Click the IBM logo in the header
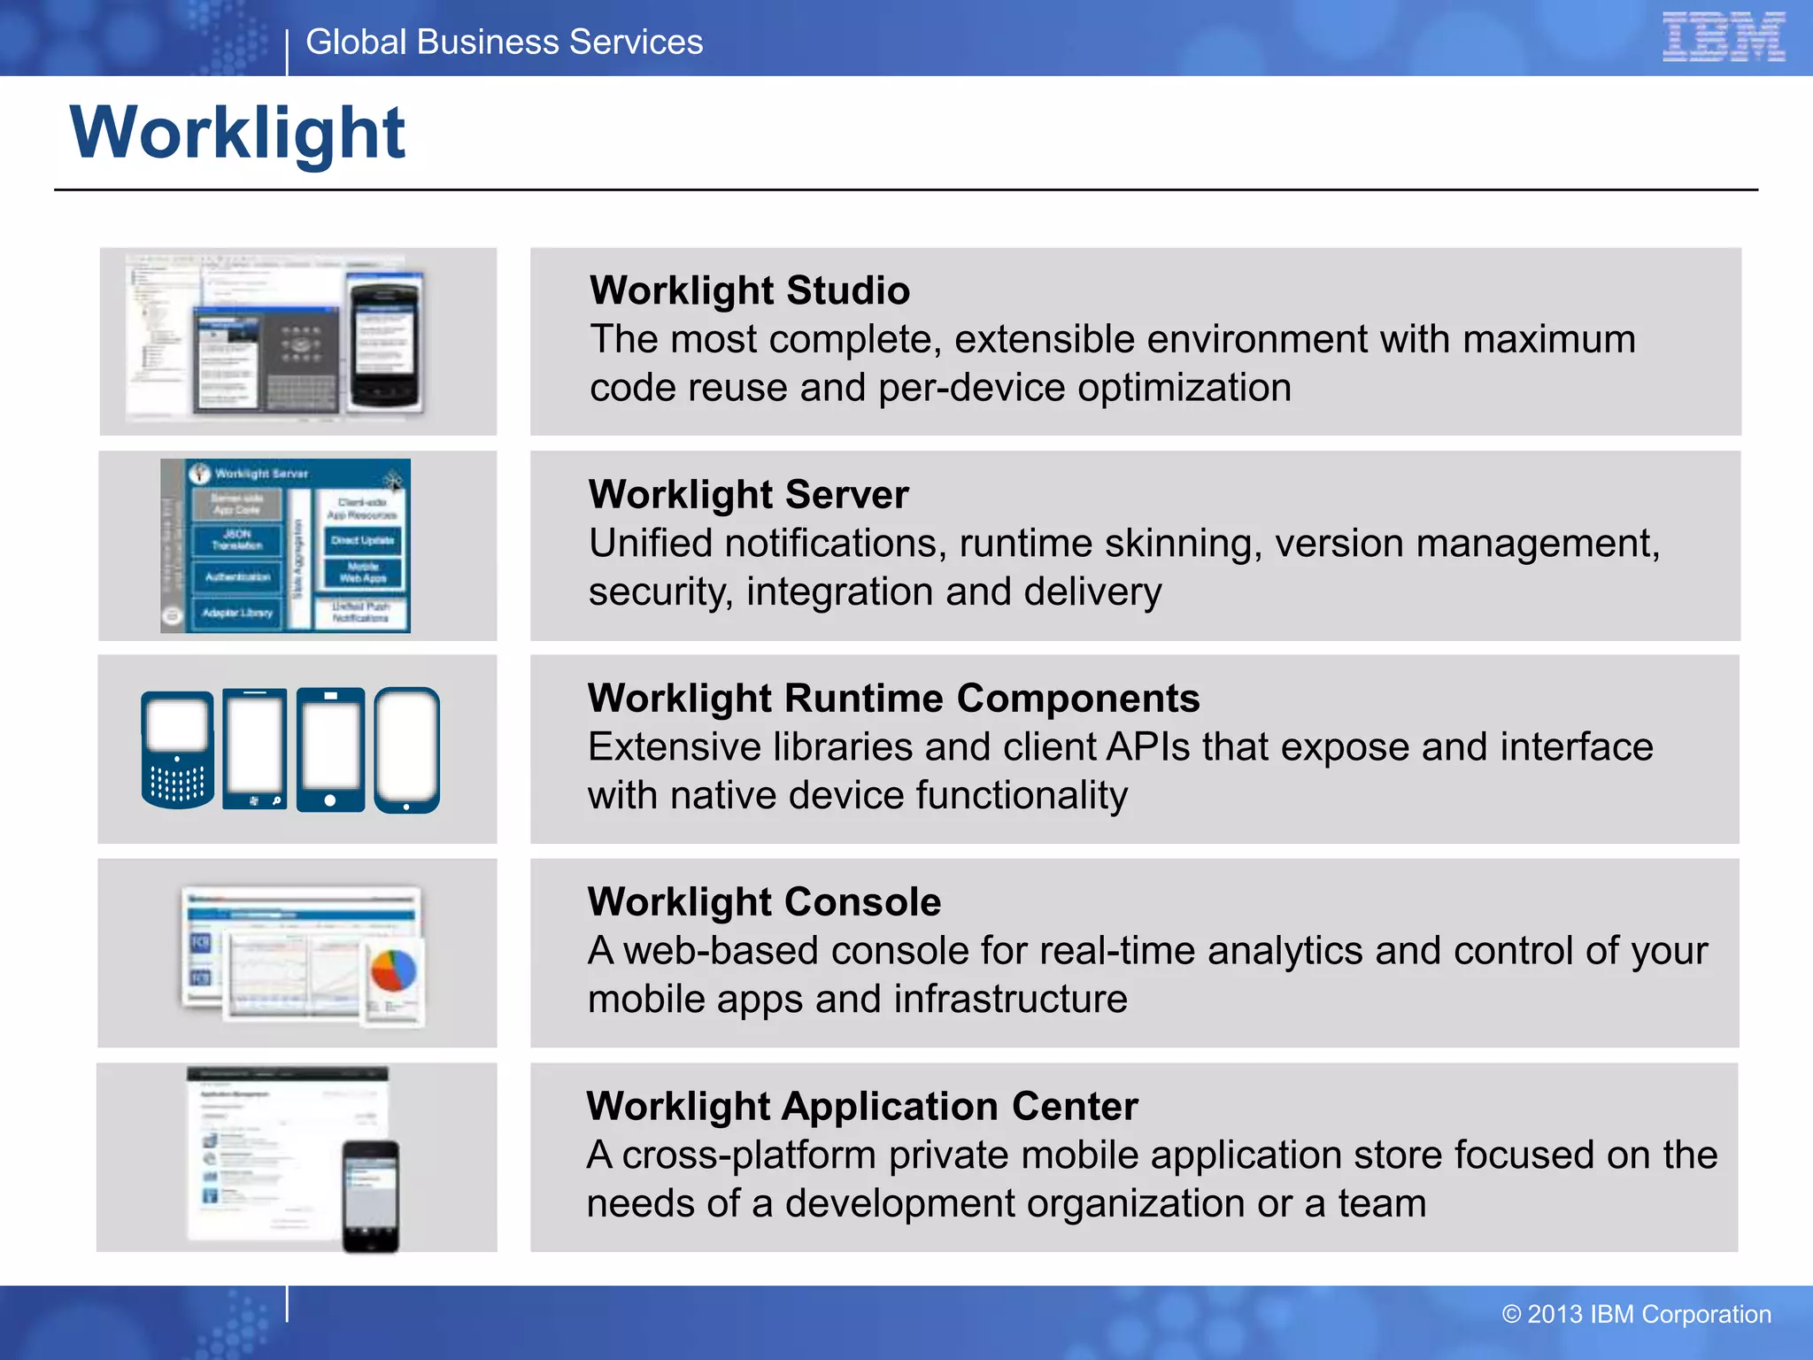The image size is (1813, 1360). [x=1723, y=37]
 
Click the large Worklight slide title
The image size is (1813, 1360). [x=237, y=133]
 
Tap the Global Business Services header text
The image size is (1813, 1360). [x=504, y=42]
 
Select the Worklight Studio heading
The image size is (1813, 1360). [x=749, y=290]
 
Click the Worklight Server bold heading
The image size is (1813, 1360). [x=748, y=494]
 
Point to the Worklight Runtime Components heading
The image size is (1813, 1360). [x=893, y=698]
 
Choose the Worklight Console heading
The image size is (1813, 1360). [x=764, y=901]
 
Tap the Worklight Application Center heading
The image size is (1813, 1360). [x=861, y=1106]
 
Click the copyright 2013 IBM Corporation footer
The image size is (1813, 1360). [x=1636, y=1314]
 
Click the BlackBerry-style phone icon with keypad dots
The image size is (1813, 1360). [x=177, y=750]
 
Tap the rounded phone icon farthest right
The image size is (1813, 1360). [x=406, y=750]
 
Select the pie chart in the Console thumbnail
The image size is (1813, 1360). [x=393, y=970]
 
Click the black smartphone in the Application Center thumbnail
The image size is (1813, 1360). [x=370, y=1195]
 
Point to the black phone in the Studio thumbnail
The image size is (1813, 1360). [x=384, y=342]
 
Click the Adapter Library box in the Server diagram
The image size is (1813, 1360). [x=237, y=613]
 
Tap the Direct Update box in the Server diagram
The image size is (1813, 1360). [x=362, y=540]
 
